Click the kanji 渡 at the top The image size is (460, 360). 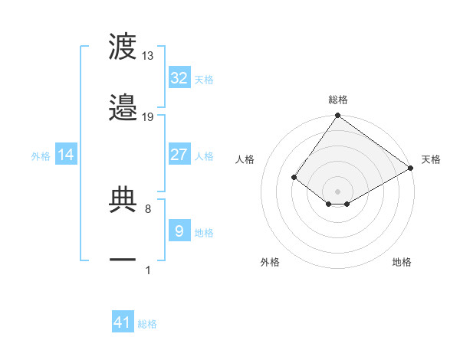tap(123, 47)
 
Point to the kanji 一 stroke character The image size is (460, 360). tap(123, 260)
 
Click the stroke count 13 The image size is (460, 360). tap(148, 56)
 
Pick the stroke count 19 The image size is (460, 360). tap(148, 117)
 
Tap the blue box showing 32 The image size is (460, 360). tap(179, 78)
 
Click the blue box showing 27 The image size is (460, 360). tap(179, 155)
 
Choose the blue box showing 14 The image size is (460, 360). tap(66, 155)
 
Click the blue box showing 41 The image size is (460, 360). tap(123, 323)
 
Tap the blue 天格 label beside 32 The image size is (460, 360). tap(204, 80)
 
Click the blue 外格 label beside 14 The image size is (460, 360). tap(41, 156)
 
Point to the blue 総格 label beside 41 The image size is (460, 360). tap(147, 325)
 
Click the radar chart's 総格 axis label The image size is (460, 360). tap(337, 100)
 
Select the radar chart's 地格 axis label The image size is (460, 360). tap(402, 262)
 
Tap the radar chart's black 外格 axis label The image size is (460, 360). tap(270, 262)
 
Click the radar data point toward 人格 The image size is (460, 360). tap(294, 177)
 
